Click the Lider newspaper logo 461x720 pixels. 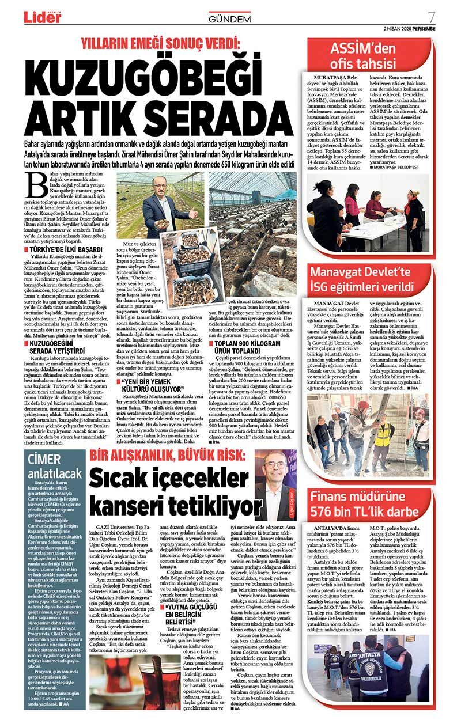42,17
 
